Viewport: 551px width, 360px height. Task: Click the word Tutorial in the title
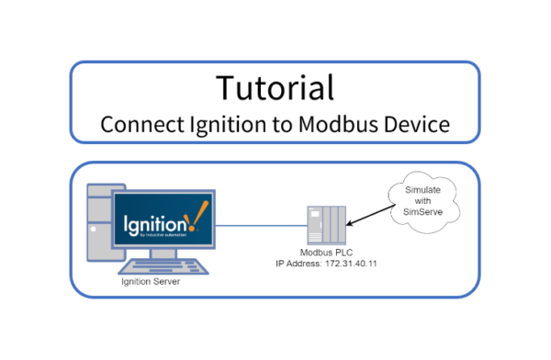275,87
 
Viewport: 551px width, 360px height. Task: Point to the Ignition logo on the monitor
162,221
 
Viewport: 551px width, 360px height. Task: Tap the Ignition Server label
151,282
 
